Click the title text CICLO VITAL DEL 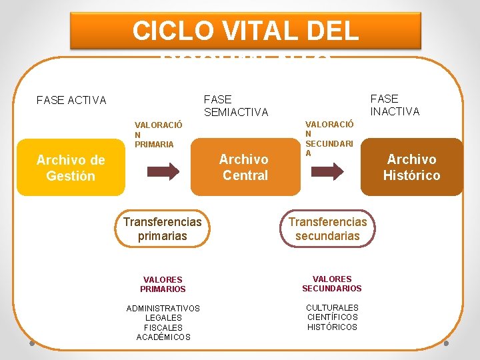[x=245, y=31]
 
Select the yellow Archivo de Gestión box [x=71, y=167]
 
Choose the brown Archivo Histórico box [x=411, y=167]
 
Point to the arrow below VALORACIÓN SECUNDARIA [x=328, y=171]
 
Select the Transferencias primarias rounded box [x=162, y=229]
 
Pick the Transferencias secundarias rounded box [x=327, y=229]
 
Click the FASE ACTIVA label [x=71, y=101]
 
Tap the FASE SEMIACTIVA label [x=236, y=105]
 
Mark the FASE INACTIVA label [x=395, y=105]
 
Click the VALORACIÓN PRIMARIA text [x=159, y=134]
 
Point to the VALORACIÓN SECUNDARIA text [x=329, y=138]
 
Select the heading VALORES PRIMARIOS [x=163, y=284]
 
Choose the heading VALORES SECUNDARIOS [x=331, y=283]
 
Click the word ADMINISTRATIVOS [x=163, y=308]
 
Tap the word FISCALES [x=163, y=327]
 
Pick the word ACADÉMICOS [x=163, y=337]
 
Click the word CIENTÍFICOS [x=332, y=317]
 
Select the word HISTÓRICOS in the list [x=332, y=327]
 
